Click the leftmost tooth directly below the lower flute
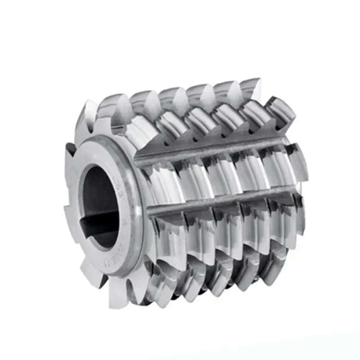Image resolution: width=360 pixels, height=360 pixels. click(166, 234)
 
